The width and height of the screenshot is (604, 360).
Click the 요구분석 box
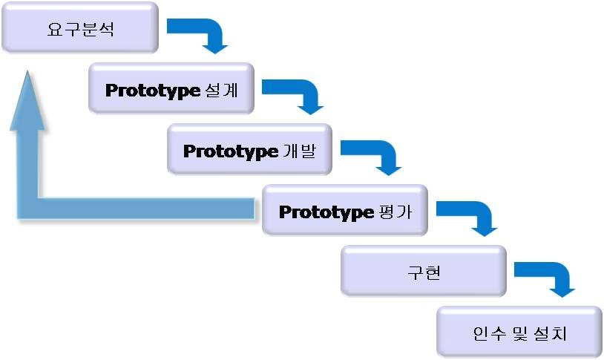pos(80,27)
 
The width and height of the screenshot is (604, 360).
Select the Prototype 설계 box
pos(171,88)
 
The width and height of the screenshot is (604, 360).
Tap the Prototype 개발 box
pos(249,149)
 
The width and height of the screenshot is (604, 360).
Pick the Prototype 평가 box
pos(345,210)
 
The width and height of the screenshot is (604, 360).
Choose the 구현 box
pos(424,271)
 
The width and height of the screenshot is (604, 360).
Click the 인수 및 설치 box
pos(519,332)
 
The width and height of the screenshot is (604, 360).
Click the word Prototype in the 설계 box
pos(153,91)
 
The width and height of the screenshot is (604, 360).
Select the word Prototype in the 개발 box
pos(230,152)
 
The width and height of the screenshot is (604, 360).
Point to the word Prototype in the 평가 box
pos(326,213)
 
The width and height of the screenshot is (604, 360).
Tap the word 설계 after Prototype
pos(222,91)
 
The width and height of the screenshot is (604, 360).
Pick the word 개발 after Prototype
pos(300,151)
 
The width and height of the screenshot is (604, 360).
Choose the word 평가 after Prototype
pos(395,212)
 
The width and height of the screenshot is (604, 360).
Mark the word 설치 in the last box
pos(551,333)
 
